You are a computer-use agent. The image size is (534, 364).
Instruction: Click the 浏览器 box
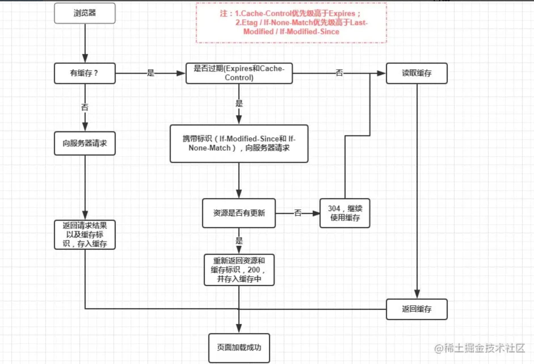[85, 13]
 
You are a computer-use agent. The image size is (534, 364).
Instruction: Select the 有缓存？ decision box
[85, 73]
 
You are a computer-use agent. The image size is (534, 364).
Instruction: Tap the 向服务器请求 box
[85, 143]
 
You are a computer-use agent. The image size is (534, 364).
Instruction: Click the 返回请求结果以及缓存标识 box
[85, 234]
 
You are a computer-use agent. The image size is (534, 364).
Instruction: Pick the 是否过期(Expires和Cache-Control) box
[239, 73]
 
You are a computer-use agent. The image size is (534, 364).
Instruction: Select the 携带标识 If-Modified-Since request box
[239, 143]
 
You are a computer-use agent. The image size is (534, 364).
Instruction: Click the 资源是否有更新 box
[239, 213]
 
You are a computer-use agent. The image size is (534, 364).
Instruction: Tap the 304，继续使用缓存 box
[345, 213]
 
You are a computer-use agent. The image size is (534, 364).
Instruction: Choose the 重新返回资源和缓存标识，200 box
[239, 270]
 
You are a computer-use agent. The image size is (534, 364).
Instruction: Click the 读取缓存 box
[417, 73]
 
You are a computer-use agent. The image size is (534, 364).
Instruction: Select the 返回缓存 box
[417, 309]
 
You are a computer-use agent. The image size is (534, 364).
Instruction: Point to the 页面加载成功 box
[239, 348]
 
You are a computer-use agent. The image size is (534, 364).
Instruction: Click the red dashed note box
[291, 23]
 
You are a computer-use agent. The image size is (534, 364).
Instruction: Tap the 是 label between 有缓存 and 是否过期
[150, 73]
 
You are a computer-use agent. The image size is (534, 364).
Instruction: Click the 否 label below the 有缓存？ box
[85, 107]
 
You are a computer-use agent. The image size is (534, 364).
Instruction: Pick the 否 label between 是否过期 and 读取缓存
[339, 73]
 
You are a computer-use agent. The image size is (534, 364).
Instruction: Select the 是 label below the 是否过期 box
[239, 103]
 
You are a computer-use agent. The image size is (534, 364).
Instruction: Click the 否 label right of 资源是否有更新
[298, 213]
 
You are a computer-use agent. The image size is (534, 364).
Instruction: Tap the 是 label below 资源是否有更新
[239, 241]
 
